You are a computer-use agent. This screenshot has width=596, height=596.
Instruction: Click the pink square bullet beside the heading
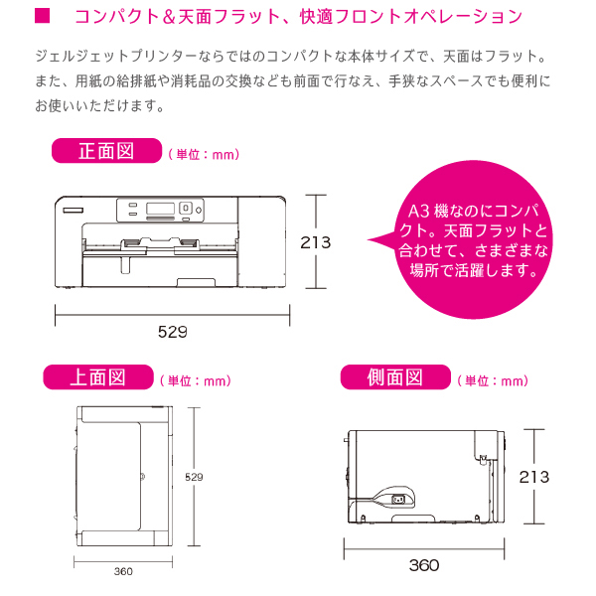pos(42,16)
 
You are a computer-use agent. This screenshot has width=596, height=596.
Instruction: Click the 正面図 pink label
pos(107,151)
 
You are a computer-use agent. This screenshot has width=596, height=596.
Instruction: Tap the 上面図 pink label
pos(98,377)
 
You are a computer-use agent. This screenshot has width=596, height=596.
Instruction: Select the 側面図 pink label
pos(395,377)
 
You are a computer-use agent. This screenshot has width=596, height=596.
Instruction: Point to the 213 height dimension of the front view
pos(316,242)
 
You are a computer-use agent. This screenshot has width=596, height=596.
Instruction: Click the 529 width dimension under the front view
pos(173,332)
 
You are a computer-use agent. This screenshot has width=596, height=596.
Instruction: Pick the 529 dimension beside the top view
pos(194,477)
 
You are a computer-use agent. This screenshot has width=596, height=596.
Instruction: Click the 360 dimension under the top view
pos(123,571)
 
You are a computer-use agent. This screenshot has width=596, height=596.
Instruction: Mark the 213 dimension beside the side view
pos(534,477)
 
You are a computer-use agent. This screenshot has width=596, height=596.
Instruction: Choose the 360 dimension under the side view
pos(424,565)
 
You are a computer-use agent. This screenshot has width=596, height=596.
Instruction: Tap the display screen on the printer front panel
pos(160,209)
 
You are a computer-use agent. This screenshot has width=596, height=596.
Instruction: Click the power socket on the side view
pos(397,499)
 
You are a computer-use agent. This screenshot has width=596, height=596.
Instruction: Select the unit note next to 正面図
pos(204,154)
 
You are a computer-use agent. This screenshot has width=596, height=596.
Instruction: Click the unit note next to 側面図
pos(493,380)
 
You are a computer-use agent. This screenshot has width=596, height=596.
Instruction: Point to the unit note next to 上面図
pos(196,380)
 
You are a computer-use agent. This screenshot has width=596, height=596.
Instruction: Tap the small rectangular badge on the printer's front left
pos(73,211)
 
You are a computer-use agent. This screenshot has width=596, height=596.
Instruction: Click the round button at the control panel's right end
pos(199,210)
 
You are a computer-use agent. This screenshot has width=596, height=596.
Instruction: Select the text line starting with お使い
pos(99,105)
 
